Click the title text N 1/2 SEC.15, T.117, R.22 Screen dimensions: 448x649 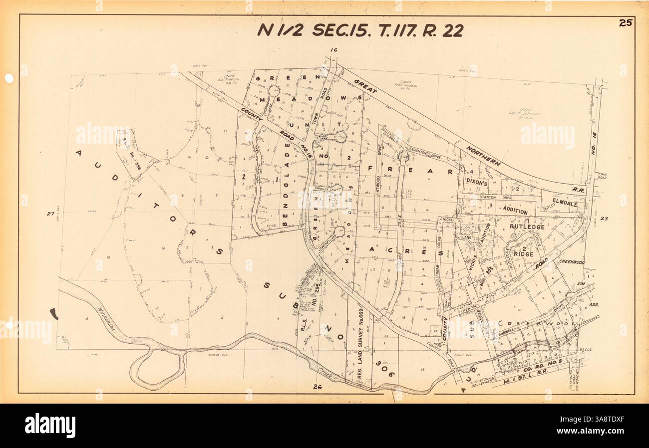[360, 30]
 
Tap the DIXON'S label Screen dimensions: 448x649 [476, 183]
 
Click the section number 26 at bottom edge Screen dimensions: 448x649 [317, 387]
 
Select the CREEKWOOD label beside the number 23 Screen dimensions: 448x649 [571, 262]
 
